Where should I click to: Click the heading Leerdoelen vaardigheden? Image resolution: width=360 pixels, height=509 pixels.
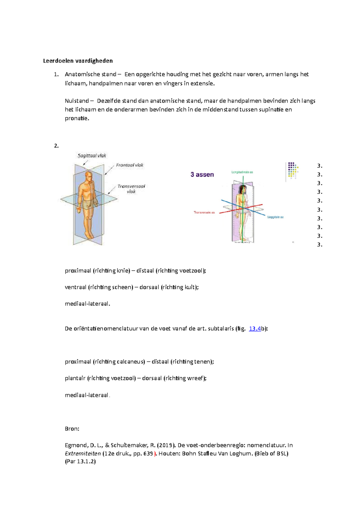pyautogui.click(x=78, y=61)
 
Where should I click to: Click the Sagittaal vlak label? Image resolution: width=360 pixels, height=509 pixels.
pyautogui.click(x=92, y=156)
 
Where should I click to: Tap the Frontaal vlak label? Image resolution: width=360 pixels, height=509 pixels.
pyautogui.click(x=130, y=165)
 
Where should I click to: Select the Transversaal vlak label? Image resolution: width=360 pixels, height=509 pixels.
pyautogui.click(x=131, y=189)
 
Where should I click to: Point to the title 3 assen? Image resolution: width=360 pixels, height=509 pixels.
pyautogui.click(x=202, y=174)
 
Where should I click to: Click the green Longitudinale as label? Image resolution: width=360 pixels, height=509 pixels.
pyautogui.click(x=242, y=172)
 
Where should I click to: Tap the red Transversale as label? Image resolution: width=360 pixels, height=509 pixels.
pyautogui.click(x=204, y=213)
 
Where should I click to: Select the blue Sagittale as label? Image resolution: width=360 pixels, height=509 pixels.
pyautogui.click(x=275, y=217)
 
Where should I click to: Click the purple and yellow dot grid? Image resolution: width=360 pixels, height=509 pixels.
pyautogui.click(x=292, y=170)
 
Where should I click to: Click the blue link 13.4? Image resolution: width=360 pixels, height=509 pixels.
pyautogui.click(x=255, y=329)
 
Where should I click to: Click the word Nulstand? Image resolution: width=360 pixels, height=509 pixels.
pyautogui.click(x=77, y=101)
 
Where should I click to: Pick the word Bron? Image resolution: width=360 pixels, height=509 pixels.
pyautogui.click(x=72, y=429)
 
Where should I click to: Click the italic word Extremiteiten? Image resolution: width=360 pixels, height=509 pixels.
pyautogui.click(x=83, y=454)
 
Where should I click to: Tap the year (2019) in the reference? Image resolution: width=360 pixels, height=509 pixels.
pyautogui.click(x=165, y=445)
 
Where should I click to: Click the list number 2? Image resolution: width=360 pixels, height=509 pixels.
pyautogui.click(x=56, y=146)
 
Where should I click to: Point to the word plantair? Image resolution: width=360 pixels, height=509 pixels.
pyautogui.click(x=75, y=378)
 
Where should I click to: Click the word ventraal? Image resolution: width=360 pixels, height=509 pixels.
pyautogui.click(x=76, y=287)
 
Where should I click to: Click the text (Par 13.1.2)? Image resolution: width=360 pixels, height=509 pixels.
pyautogui.click(x=80, y=462)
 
